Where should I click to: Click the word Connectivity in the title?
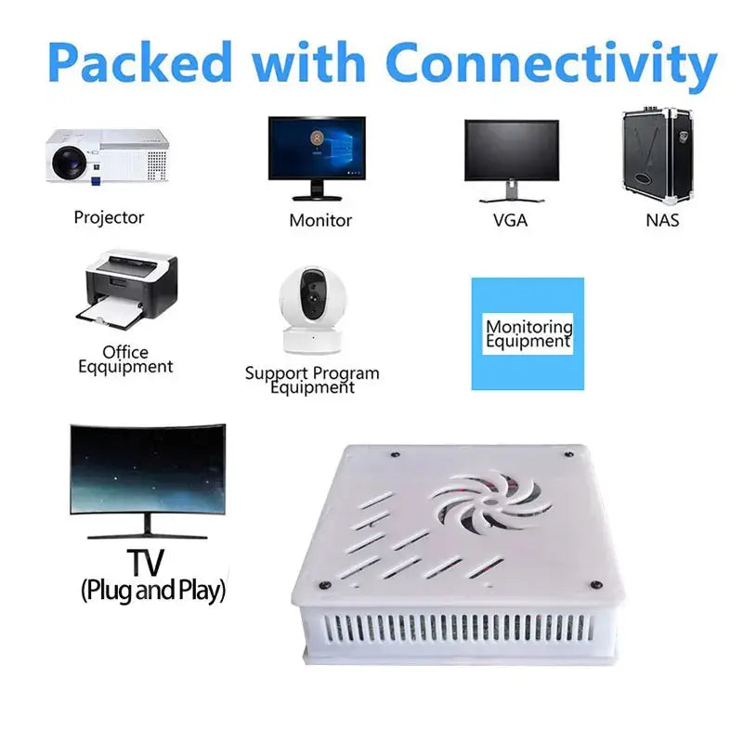click(x=552, y=63)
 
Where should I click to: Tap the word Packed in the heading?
click(x=139, y=63)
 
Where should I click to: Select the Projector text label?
click(x=109, y=217)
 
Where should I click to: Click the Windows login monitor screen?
click(x=317, y=147)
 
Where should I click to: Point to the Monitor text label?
click(x=320, y=220)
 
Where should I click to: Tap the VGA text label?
click(x=510, y=221)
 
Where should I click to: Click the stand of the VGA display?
click(x=511, y=193)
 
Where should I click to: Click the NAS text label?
click(x=662, y=220)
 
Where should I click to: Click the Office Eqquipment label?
click(x=125, y=359)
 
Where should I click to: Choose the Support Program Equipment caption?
click(x=312, y=380)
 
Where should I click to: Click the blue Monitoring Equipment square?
click(x=528, y=333)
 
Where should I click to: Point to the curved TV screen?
click(x=147, y=469)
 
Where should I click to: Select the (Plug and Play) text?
click(x=153, y=590)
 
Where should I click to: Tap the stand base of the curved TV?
click(x=147, y=535)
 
